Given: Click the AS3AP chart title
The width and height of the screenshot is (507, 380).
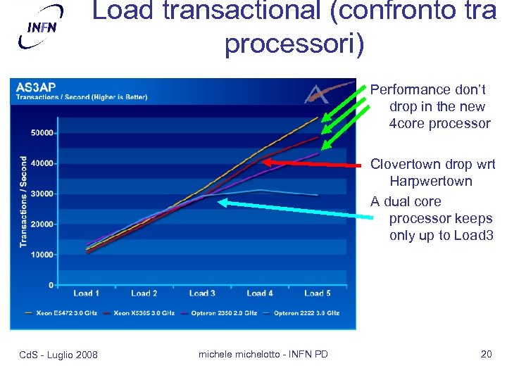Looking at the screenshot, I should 36,87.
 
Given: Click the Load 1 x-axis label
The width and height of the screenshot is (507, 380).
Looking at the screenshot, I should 86,293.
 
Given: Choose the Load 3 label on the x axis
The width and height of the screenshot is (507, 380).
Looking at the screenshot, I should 202,293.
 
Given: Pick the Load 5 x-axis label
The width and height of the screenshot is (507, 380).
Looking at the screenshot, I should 318,293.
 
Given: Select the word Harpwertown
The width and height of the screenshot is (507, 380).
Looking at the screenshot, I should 430,182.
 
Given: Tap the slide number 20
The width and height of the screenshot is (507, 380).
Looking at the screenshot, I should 486,354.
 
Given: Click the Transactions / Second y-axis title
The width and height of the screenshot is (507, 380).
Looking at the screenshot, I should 23,201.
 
